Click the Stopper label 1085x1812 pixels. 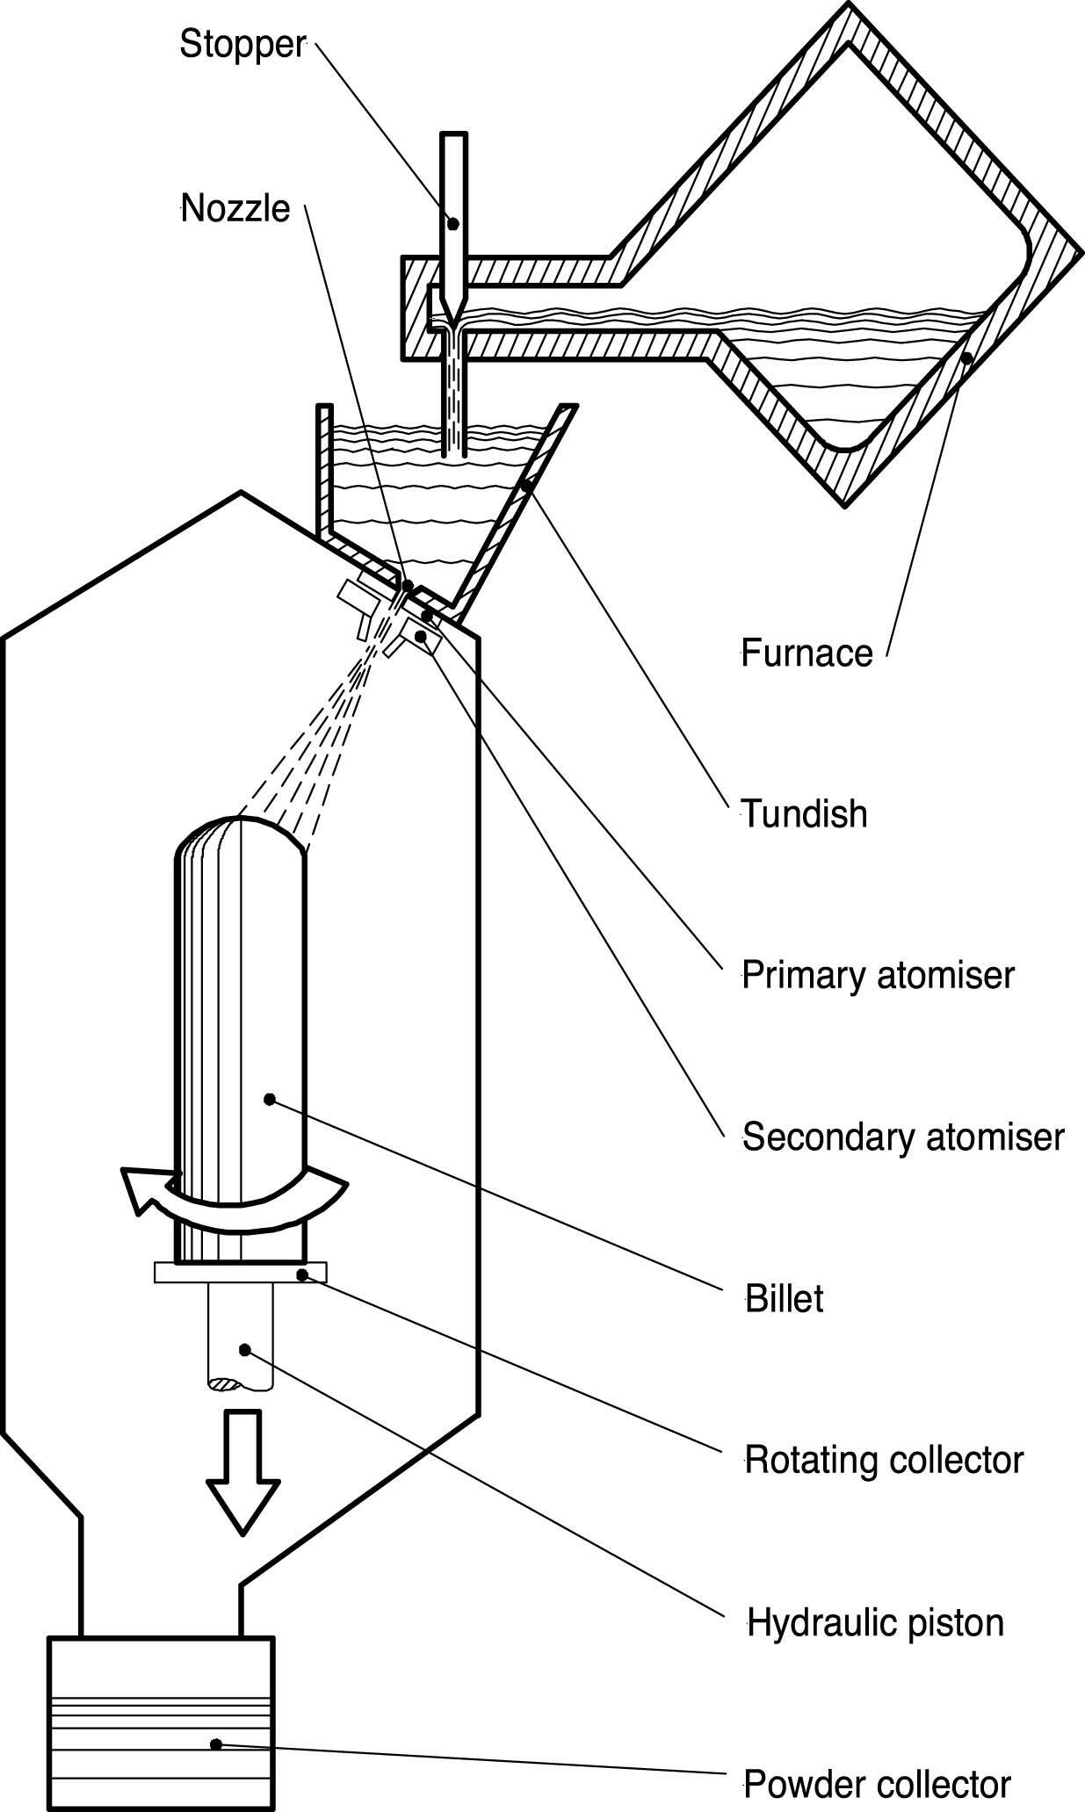click(x=242, y=45)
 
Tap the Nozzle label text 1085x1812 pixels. click(x=235, y=210)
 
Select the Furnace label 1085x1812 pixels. click(x=807, y=653)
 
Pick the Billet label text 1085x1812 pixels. click(x=785, y=1299)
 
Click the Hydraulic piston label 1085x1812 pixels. click(x=875, y=1622)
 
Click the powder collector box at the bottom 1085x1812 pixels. click(x=161, y=1718)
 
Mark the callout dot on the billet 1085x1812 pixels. click(x=270, y=1099)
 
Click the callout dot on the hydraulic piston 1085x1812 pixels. click(x=246, y=1349)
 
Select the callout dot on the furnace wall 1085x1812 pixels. click(x=966, y=358)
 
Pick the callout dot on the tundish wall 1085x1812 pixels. click(x=525, y=485)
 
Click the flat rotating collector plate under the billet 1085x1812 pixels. click(x=240, y=1273)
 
